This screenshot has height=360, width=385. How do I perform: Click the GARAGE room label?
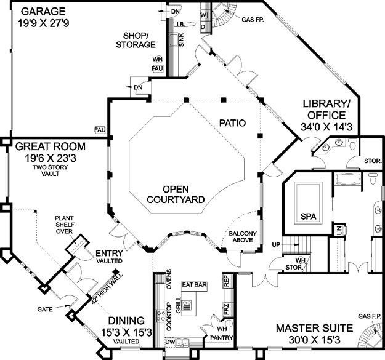click(x=44, y=12)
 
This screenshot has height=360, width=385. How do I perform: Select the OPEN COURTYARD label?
click(x=176, y=194)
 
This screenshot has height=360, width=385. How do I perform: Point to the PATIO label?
click(x=232, y=123)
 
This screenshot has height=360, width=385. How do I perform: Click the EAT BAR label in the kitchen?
click(x=195, y=285)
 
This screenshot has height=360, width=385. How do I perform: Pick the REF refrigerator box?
click(x=226, y=281)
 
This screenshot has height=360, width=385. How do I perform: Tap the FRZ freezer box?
click(x=226, y=310)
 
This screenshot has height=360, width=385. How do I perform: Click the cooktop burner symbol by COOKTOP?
click(x=161, y=316)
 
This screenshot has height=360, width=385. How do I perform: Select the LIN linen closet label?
click(x=339, y=231)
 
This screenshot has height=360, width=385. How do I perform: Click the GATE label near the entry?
click(x=45, y=310)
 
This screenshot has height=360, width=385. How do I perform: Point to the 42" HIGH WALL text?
click(x=107, y=289)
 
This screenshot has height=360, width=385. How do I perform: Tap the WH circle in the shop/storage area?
click(x=158, y=59)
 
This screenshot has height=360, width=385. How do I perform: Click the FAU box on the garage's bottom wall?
click(x=100, y=130)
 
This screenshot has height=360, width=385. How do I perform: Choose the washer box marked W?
click(x=204, y=15)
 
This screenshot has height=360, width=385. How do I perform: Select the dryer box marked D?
click(x=203, y=26)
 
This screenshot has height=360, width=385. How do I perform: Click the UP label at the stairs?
click(x=276, y=245)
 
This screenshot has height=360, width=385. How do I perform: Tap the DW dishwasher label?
click(x=170, y=342)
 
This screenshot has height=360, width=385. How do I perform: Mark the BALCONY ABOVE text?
click(x=243, y=237)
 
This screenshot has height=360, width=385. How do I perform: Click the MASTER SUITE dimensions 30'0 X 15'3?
click(x=314, y=340)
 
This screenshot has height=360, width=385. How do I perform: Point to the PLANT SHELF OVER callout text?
click(x=64, y=225)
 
